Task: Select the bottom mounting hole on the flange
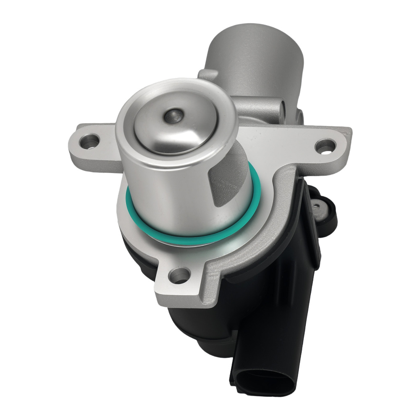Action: click(x=180, y=276)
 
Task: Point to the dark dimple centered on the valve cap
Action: click(x=172, y=116)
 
